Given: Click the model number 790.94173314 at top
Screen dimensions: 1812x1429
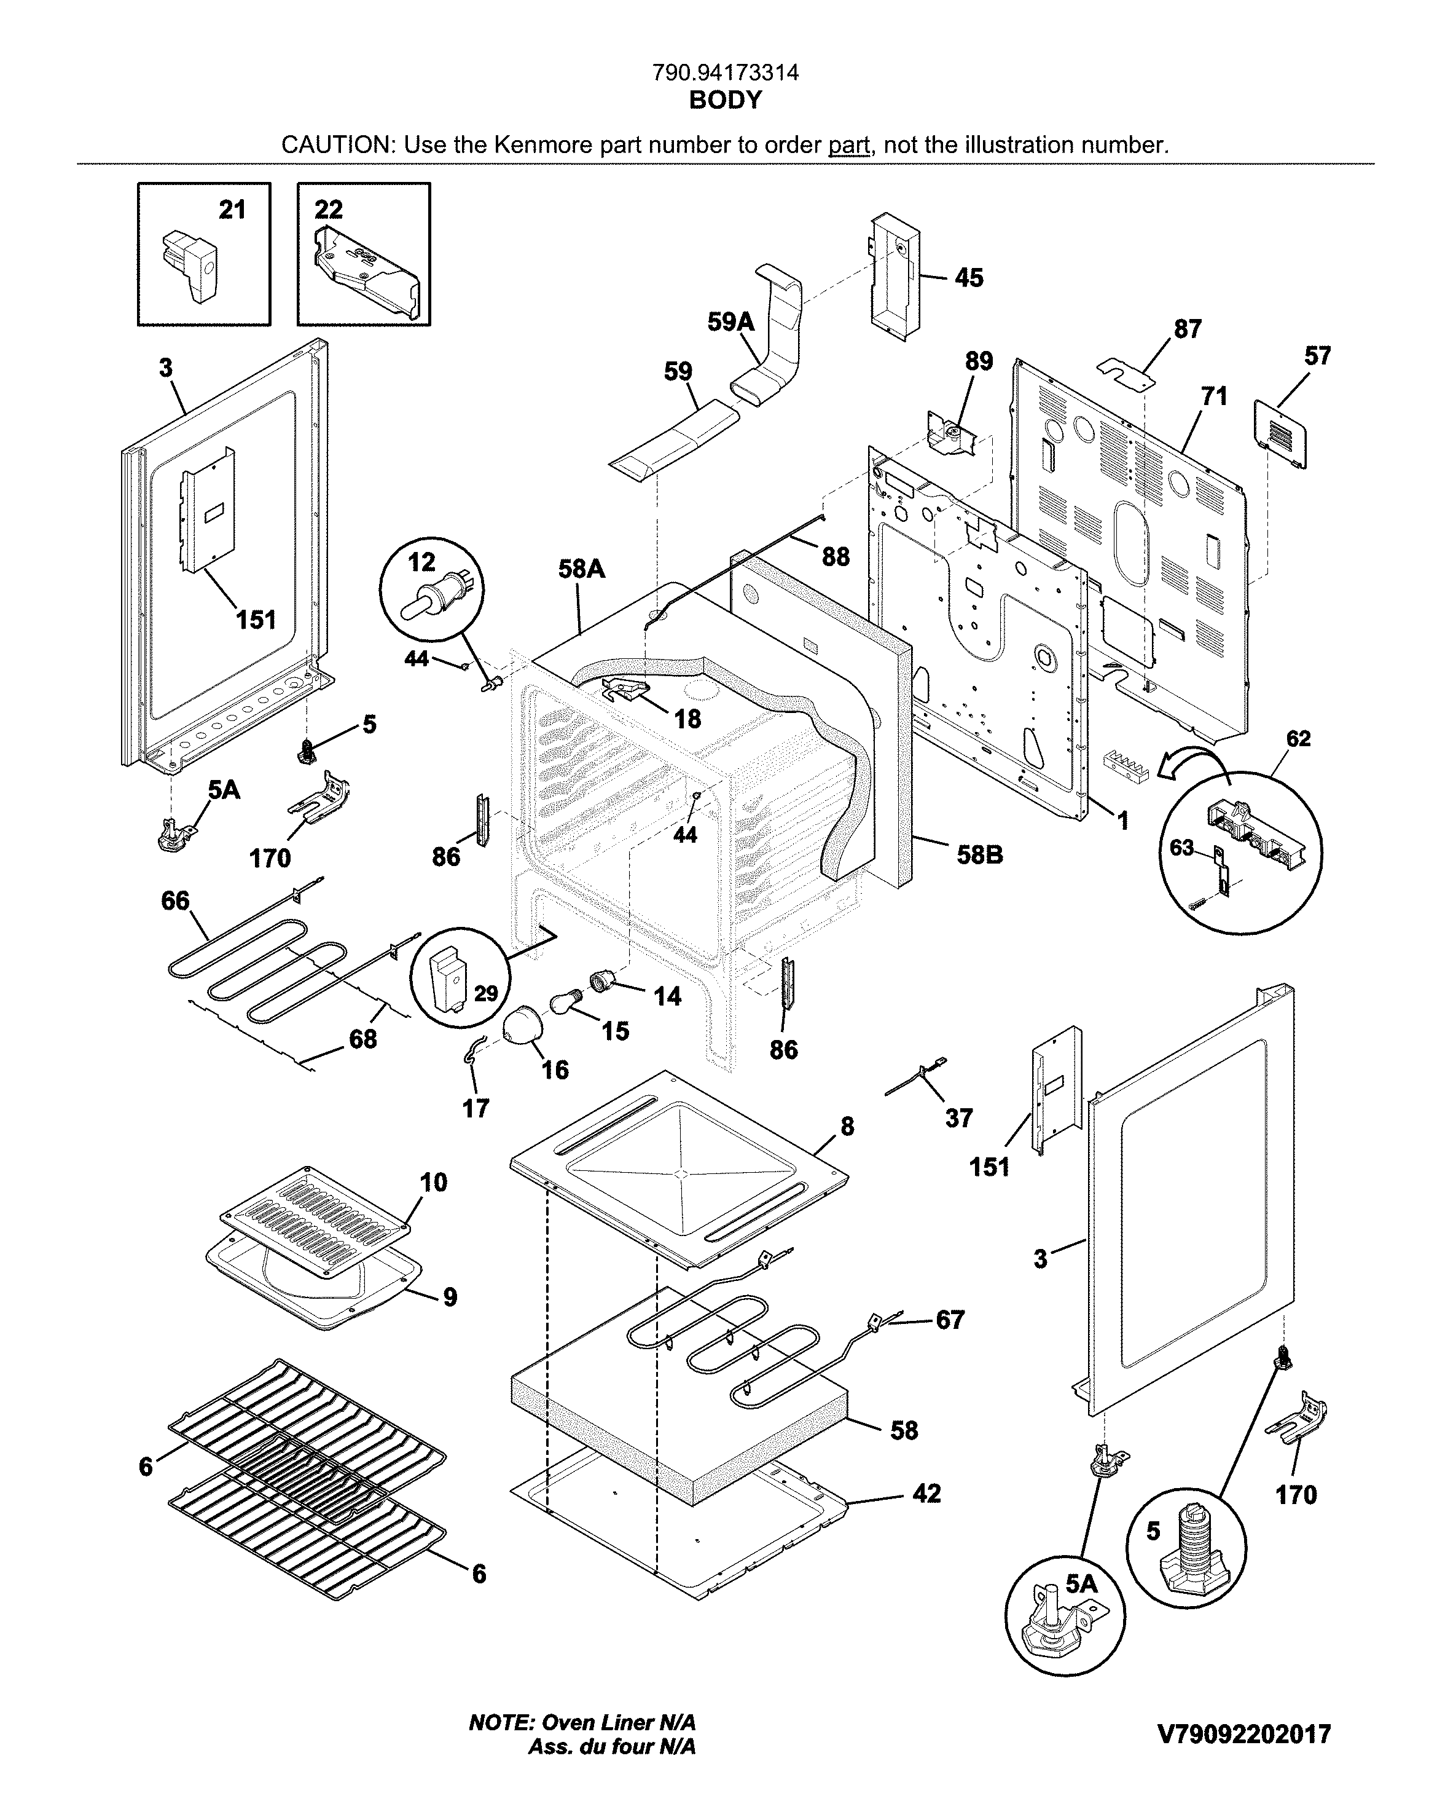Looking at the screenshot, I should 726,74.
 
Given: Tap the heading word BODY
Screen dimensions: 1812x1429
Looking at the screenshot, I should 726,100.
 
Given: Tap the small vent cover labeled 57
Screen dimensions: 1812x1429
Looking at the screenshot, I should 1280,435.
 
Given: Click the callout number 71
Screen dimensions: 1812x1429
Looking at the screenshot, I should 1214,396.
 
